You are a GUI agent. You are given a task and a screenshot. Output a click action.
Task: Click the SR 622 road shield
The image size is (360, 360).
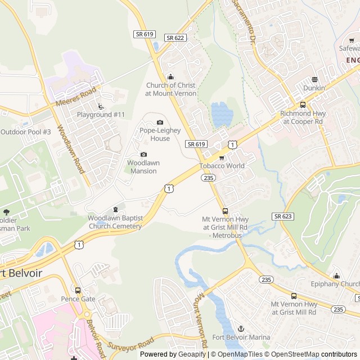(x=175, y=37)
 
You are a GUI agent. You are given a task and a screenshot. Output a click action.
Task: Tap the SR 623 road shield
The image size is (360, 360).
(x=283, y=216)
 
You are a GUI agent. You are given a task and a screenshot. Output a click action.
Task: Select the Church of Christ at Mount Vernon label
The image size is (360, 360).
(x=170, y=89)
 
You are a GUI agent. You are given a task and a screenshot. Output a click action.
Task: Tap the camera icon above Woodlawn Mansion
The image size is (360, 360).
(x=143, y=155)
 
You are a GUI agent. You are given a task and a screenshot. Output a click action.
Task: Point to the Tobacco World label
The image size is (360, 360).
(x=222, y=166)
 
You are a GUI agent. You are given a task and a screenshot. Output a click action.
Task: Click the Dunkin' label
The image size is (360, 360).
(x=314, y=88)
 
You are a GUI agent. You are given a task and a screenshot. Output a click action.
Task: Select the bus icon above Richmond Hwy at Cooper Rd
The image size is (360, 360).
(x=303, y=105)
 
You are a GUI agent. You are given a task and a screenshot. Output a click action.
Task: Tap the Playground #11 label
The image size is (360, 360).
(x=101, y=115)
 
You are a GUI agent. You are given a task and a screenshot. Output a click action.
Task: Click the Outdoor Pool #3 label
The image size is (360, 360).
(x=26, y=132)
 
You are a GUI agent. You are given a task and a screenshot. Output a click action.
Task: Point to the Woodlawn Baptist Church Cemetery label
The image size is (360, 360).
(x=115, y=222)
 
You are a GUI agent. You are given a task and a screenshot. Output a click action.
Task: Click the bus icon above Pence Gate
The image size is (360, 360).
(x=78, y=291)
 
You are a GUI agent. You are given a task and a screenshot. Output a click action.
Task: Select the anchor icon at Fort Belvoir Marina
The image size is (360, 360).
(x=241, y=328)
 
